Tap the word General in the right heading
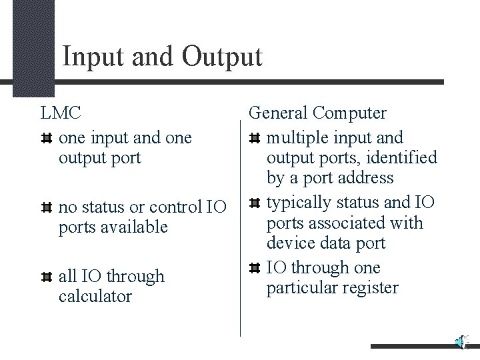(x=279, y=113)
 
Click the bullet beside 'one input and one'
(x=47, y=139)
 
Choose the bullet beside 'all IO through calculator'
(x=47, y=277)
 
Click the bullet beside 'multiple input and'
(x=255, y=139)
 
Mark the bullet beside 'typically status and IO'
(x=255, y=203)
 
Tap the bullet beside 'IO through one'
(x=255, y=268)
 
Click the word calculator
(x=95, y=296)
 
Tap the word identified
(x=406, y=158)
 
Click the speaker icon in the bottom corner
(x=461, y=342)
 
